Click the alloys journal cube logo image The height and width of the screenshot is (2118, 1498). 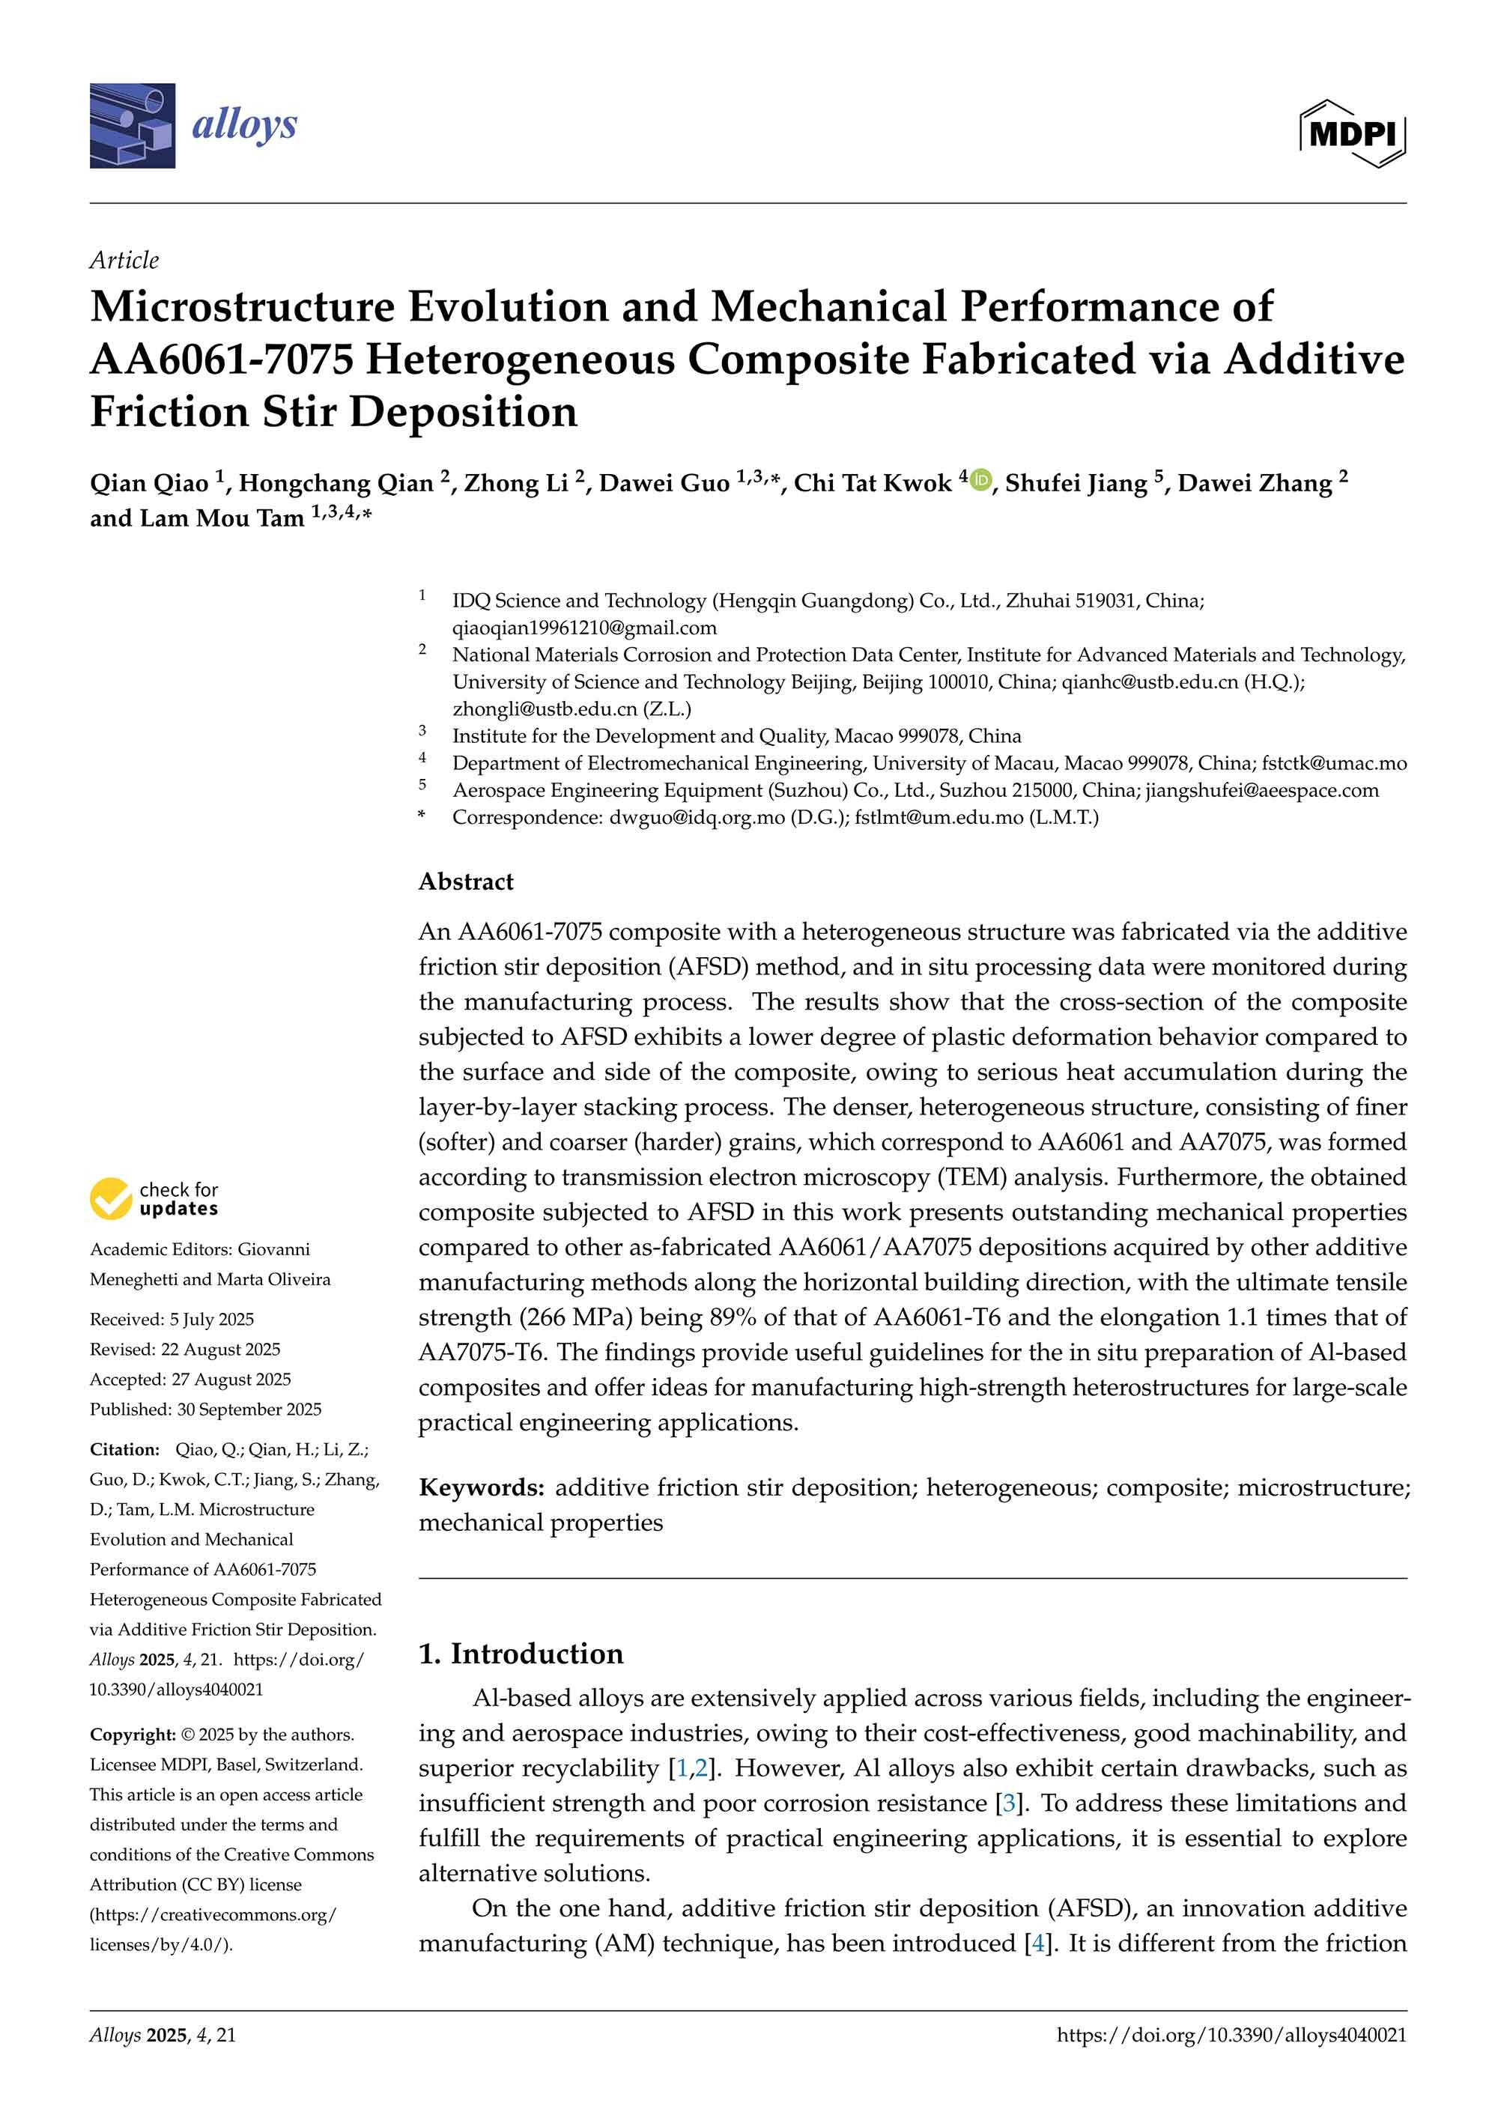click(x=132, y=126)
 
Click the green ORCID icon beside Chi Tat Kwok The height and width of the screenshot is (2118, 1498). click(x=980, y=479)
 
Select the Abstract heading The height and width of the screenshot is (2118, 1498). click(x=466, y=882)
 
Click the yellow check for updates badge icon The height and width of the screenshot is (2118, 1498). click(x=111, y=1198)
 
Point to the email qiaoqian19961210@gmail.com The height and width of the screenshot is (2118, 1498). click(x=584, y=628)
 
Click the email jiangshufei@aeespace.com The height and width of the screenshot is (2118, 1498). click(x=1262, y=791)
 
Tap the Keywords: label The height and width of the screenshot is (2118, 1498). click(x=481, y=1488)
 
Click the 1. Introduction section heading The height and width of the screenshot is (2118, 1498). click(x=521, y=1654)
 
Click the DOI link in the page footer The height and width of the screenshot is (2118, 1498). click(x=1231, y=2035)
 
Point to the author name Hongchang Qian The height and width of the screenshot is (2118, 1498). click(x=336, y=483)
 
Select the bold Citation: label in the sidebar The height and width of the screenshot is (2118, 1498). click(x=124, y=1450)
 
